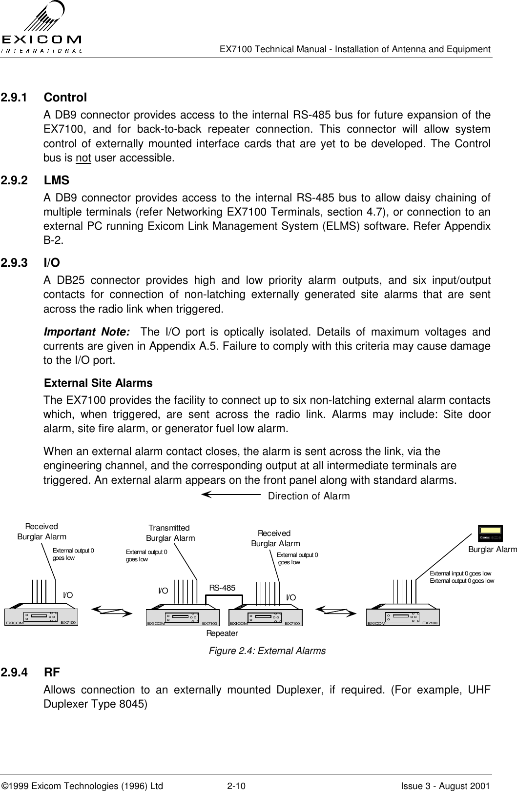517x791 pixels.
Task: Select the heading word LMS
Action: coord(57,180)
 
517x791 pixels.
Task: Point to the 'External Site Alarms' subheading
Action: coord(98,383)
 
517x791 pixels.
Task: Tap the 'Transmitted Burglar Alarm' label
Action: coord(170,534)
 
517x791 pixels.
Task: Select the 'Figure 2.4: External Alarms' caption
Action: coord(267,651)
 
